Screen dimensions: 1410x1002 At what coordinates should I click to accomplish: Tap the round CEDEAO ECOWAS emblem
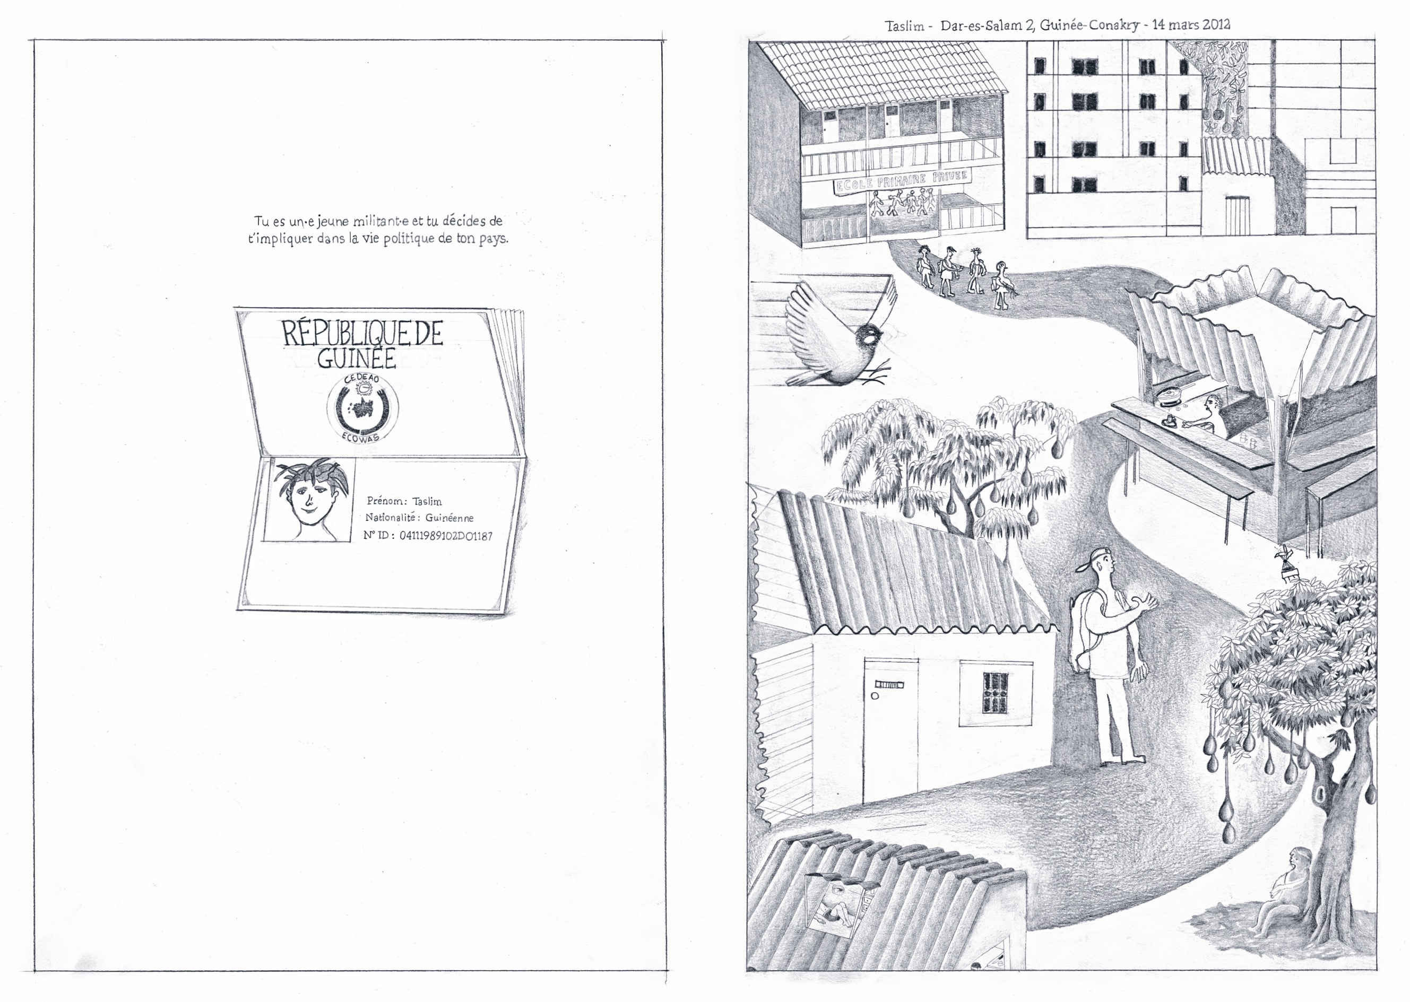(x=362, y=408)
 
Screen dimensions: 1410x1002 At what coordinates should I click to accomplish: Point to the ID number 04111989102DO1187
(x=446, y=536)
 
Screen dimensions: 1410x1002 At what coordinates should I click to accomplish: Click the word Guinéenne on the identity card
(x=449, y=518)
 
